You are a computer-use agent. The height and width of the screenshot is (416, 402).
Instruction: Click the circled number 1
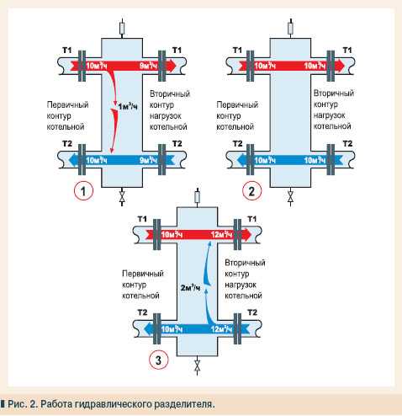pyautogui.click(x=83, y=191)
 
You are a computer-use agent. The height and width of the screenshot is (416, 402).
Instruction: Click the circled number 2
pyautogui.click(x=251, y=191)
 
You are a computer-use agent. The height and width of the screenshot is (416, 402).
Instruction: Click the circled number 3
pyautogui.click(x=158, y=360)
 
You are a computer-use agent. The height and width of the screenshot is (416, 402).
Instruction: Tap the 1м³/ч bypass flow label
pyautogui.click(x=128, y=107)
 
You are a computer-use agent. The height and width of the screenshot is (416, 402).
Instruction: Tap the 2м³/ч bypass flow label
pyautogui.click(x=190, y=288)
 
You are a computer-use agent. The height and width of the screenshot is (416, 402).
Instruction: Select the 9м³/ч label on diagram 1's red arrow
pyautogui.click(x=148, y=66)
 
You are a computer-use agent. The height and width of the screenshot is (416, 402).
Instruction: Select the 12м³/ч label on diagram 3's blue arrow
pyautogui.click(x=221, y=328)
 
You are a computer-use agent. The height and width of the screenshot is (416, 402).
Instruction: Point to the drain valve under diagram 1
pyautogui.click(x=122, y=198)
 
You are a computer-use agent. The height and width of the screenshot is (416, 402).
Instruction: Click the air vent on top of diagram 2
pyautogui.click(x=291, y=28)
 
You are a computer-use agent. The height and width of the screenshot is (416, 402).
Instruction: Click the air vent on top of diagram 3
pyautogui.click(x=198, y=196)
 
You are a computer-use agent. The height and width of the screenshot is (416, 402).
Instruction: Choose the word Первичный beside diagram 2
pyautogui.click(x=237, y=105)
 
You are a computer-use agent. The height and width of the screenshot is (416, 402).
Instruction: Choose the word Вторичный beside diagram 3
pyautogui.click(x=245, y=263)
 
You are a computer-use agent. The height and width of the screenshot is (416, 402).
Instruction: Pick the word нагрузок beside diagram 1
pyautogui.click(x=166, y=115)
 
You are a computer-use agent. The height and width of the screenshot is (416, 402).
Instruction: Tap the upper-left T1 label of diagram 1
pyautogui.click(x=67, y=51)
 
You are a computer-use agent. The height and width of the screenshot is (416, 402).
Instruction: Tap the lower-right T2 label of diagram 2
pyautogui.click(x=347, y=144)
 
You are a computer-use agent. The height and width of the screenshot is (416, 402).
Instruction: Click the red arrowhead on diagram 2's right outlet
pyautogui.click(x=340, y=66)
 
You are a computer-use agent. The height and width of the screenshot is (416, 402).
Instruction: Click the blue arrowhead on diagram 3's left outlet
pyautogui.click(x=149, y=328)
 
